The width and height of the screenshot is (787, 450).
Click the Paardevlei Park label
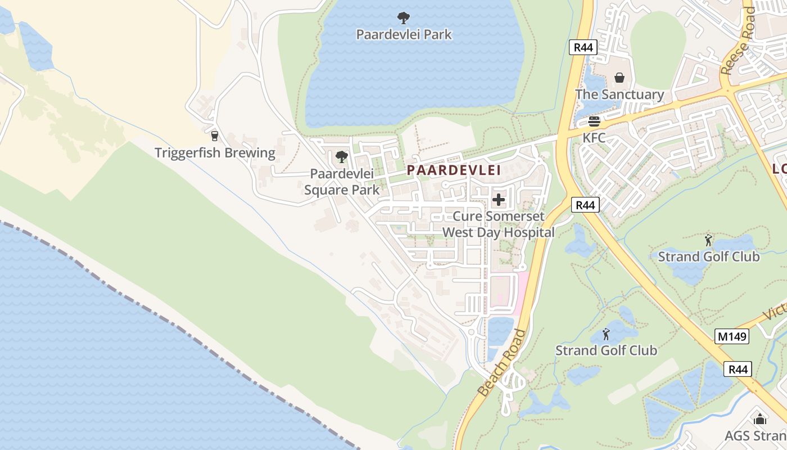[404, 34]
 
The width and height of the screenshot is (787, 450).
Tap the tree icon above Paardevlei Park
[404, 18]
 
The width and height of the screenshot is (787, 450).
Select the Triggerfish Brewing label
[215, 152]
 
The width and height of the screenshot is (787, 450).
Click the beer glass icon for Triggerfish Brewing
[214, 136]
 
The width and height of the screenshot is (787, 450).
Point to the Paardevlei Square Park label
[342, 182]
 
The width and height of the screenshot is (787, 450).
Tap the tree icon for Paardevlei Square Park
[341, 157]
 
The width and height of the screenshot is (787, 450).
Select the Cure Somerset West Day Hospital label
[498, 224]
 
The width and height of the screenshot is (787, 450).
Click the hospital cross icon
[498, 200]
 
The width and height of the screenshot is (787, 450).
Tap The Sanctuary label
[619, 94]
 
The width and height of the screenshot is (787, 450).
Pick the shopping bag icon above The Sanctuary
[619, 77]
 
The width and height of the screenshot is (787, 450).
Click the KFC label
[594, 138]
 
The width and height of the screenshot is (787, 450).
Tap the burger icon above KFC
[594, 121]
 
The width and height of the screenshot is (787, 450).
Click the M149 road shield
[732, 336]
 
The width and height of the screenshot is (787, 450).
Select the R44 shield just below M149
[737, 369]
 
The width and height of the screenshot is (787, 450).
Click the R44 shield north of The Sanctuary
[583, 47]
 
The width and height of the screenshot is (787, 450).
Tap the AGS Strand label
[755, 436]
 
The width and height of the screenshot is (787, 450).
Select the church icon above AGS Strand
[759, 419]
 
